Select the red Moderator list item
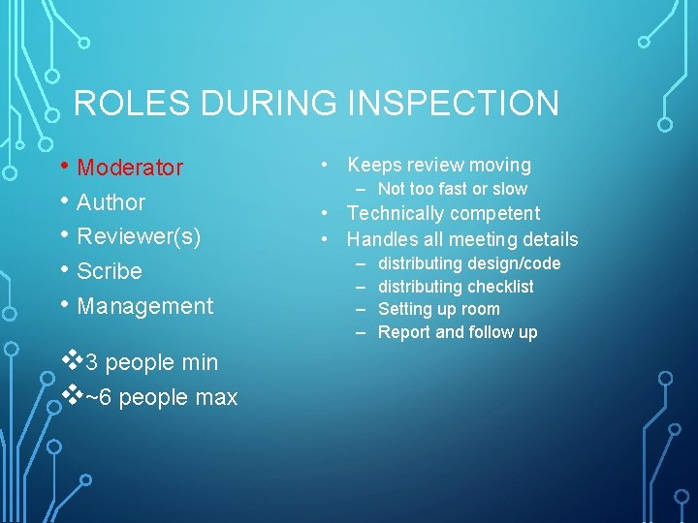129,169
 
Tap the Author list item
111,203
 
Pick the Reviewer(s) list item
139,237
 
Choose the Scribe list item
109,272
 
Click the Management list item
144,307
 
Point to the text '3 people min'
151,363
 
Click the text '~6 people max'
161,398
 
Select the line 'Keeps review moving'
438,166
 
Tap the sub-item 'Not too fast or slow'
452,189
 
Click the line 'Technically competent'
443,213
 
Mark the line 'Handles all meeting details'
461,239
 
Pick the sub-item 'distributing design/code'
468,263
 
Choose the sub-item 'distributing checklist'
455,287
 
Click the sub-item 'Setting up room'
438,310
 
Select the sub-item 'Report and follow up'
457,333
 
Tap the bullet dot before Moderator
65,167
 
